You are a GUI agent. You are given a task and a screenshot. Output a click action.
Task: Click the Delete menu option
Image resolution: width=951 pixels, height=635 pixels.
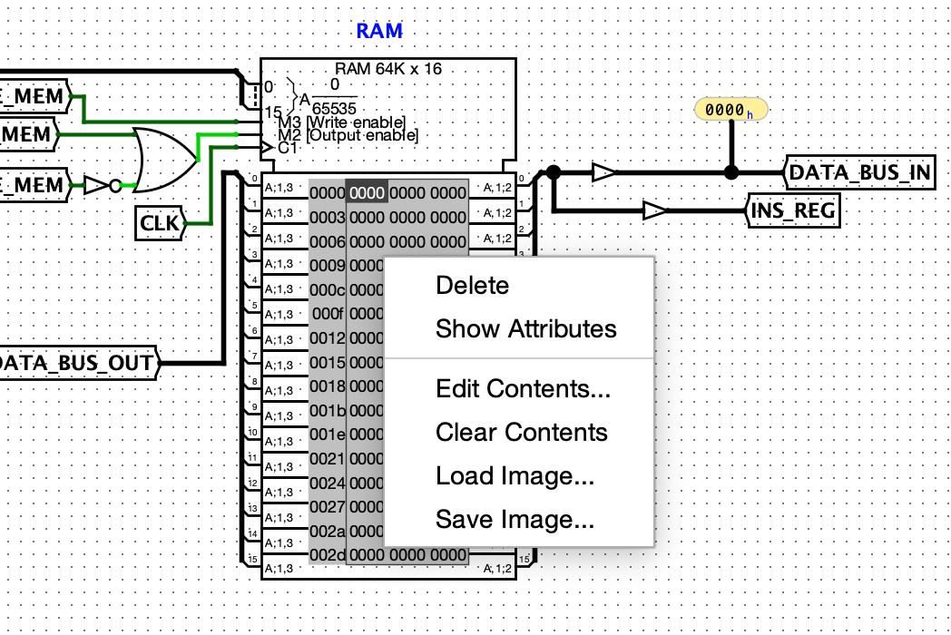(472, 286)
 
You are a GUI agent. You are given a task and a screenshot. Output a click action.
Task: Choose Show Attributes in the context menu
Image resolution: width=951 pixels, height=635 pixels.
(525, 328)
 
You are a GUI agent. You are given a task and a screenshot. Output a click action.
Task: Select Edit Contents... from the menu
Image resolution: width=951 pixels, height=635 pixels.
(523, 389)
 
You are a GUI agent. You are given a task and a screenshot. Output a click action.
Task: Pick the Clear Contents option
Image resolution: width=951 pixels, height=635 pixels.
(521, 433)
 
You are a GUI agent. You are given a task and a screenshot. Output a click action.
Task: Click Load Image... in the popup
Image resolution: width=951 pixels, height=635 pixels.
(515, 476)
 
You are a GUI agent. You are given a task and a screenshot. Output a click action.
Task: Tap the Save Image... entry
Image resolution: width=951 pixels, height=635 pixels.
(515, 520)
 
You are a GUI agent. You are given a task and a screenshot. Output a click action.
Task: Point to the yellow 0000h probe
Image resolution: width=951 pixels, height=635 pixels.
(730, 111)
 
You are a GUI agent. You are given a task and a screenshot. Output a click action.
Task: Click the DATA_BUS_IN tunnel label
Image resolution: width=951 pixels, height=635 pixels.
(858, 172)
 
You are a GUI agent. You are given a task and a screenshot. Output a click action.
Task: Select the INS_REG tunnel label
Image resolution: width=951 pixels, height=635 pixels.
(791, 211)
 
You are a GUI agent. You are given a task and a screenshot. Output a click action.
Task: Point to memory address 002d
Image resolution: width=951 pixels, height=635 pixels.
(327, 554)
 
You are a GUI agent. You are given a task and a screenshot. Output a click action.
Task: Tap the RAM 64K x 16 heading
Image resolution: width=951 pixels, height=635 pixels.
(388, 69)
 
